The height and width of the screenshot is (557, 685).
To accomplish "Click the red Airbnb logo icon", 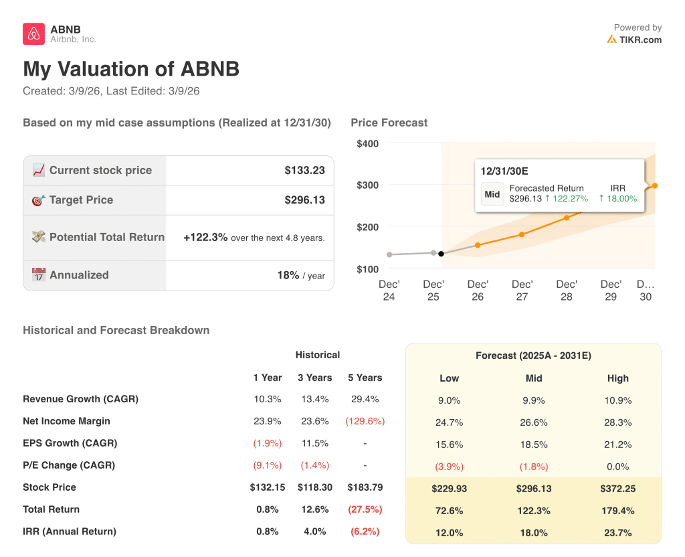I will point(33,33).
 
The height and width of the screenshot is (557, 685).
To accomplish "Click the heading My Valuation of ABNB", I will point(131,69).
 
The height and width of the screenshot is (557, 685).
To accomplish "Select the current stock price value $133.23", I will point(304,170).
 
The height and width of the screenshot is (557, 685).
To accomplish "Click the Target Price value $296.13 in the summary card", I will point(304,200).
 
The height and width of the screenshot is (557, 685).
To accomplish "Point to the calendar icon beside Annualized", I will point(39,274).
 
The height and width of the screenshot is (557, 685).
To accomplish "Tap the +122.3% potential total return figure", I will point(205,237).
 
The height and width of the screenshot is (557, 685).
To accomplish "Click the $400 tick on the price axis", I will point(367,143).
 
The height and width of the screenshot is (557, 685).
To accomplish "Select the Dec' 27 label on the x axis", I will point(522,290).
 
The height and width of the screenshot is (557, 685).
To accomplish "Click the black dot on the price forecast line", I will point(441,254).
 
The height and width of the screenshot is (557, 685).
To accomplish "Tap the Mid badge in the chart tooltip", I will point(492,194).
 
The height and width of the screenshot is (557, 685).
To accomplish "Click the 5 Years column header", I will point(365,378).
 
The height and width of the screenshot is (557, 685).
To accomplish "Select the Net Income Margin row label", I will point(66,421).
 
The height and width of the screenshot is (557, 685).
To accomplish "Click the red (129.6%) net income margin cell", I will point(365,421).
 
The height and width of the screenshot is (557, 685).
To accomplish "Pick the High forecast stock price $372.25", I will point(617,489).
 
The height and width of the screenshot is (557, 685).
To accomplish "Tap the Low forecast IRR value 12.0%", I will point(449,533).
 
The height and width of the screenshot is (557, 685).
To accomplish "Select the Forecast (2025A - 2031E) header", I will point(533,355).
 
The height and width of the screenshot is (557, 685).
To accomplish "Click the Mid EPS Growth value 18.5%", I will point(533,445).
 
